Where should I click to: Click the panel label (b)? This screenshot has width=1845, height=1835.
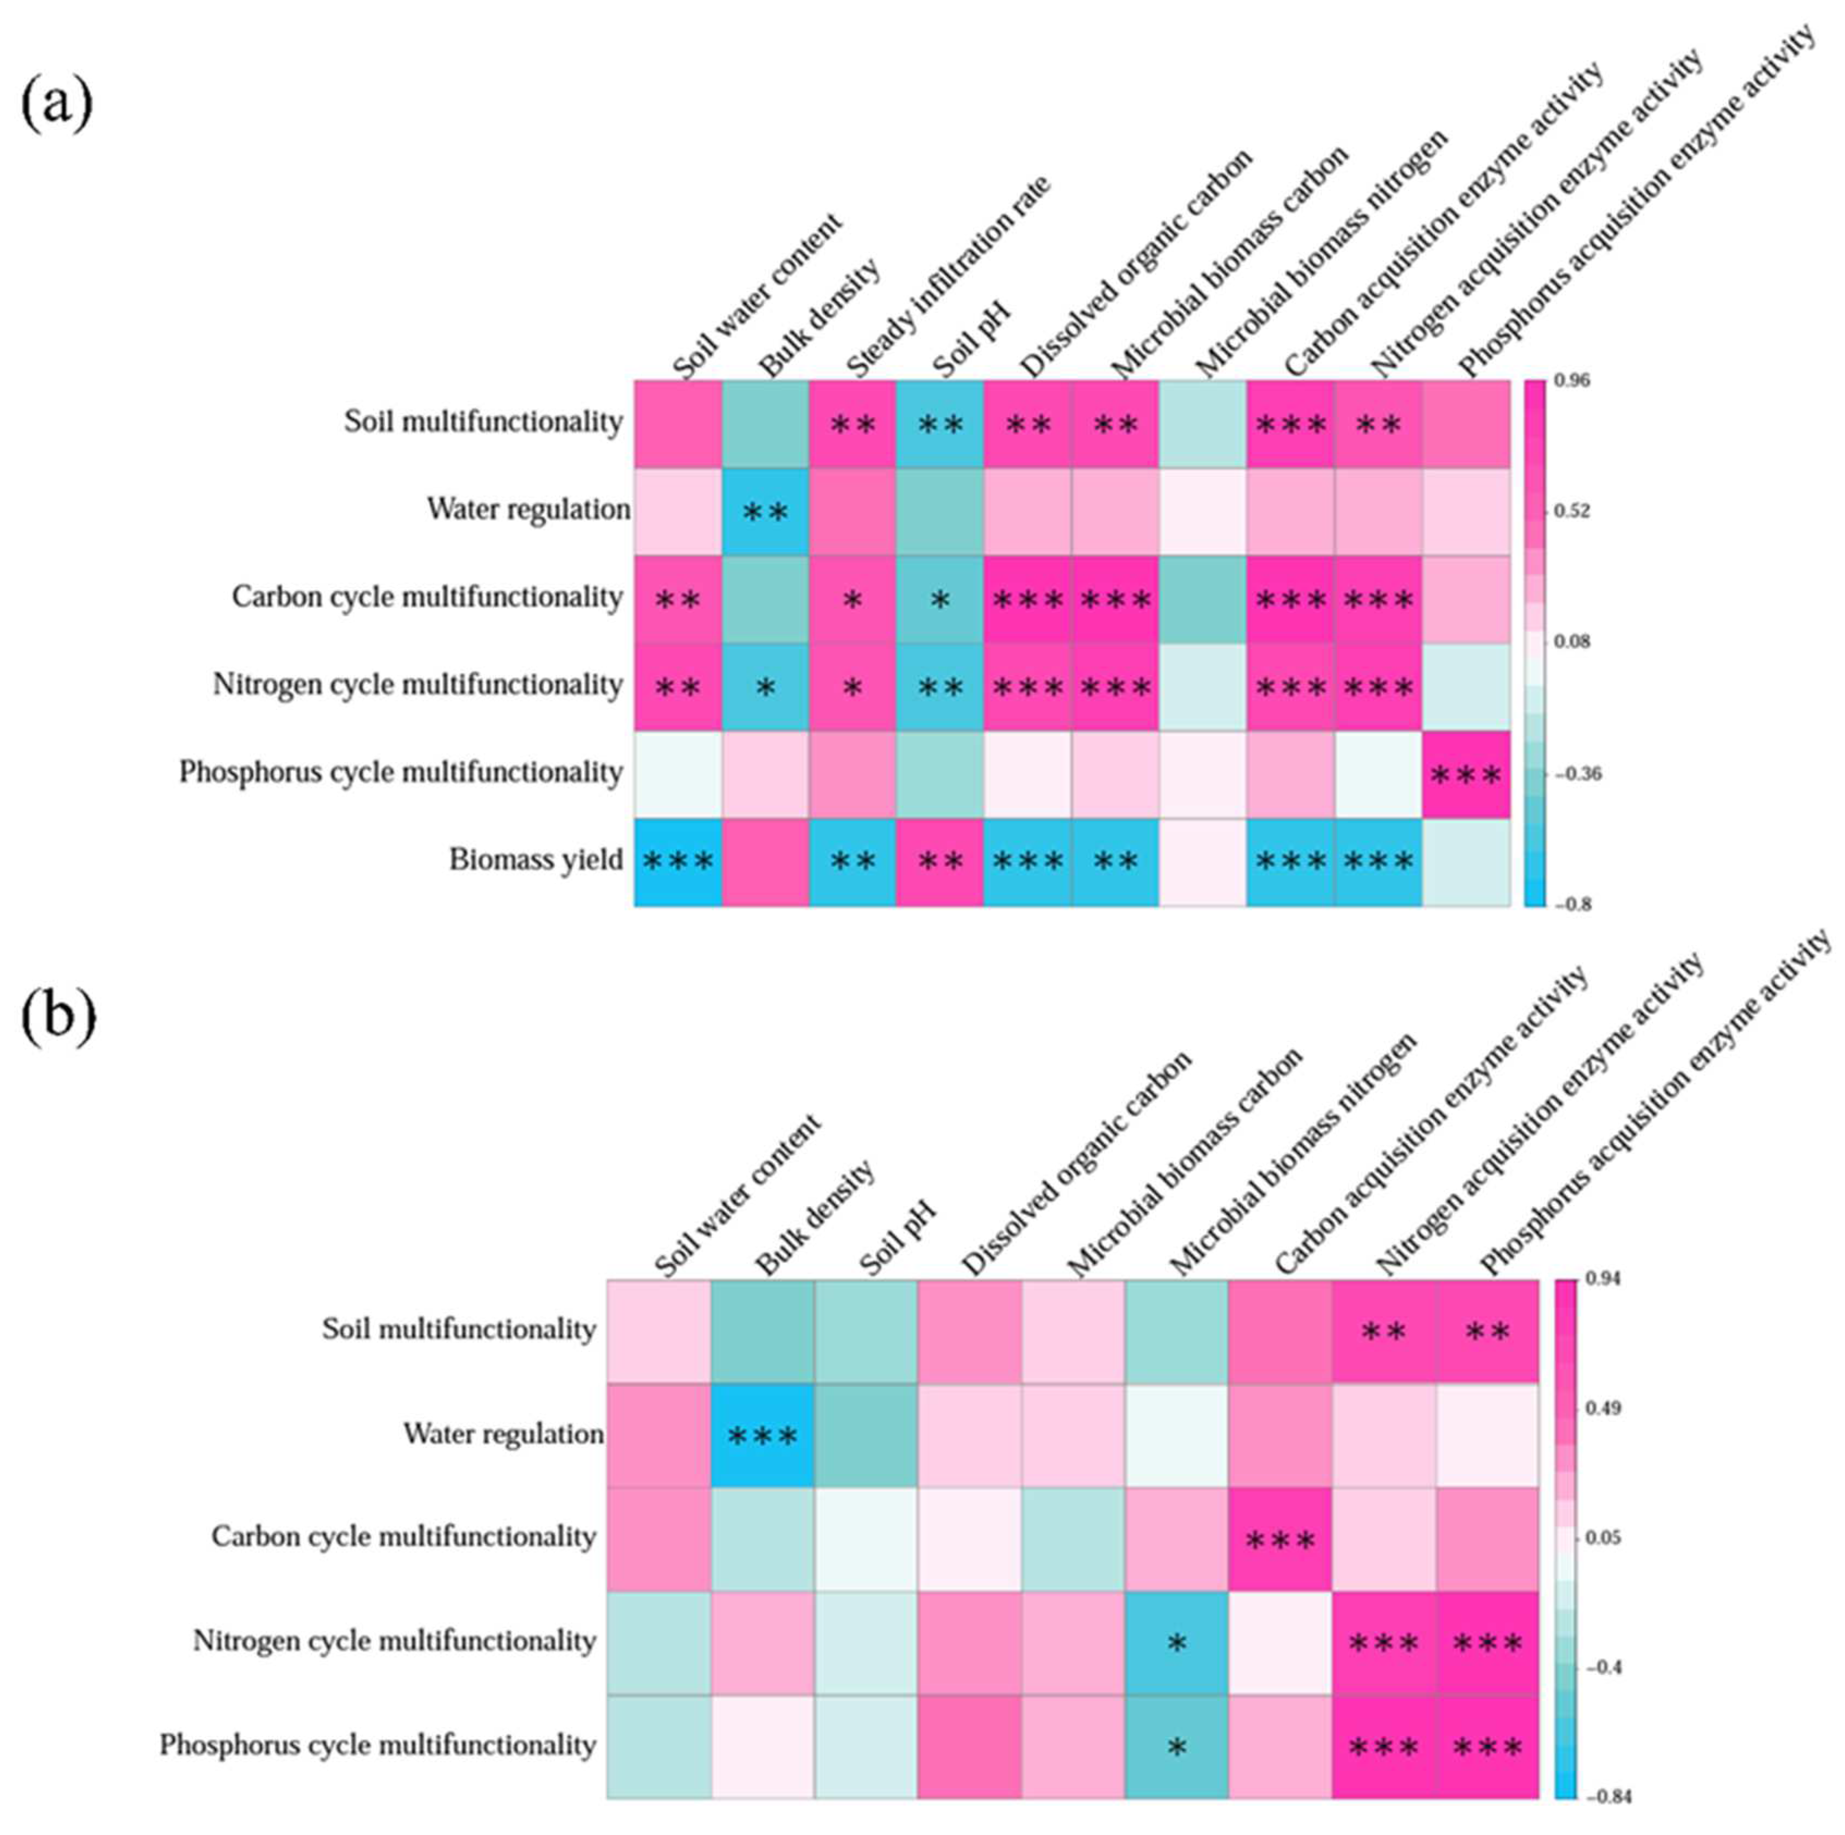(x=57, y=1017)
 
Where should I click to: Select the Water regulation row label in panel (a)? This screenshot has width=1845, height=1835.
(x=528, y=510)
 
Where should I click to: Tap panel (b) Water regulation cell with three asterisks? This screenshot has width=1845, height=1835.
(x=762, y=1435)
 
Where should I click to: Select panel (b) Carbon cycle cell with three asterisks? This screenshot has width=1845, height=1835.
(x=1280, y=1539)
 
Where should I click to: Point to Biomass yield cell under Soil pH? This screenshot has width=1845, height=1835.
(x=940, y=862)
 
